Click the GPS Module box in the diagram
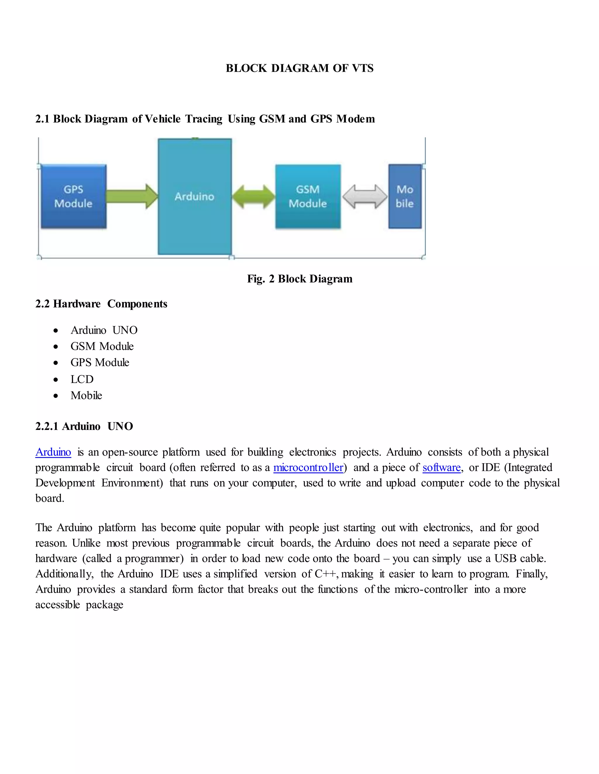pos(73,196)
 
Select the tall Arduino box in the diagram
pos(194,196)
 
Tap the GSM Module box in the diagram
pos(308,196)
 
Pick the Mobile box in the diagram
pos(405,196)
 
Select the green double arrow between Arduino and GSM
pos(253,196)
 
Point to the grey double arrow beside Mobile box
pos(365,196)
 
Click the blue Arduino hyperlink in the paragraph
pos(53,452)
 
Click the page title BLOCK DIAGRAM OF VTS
pos(299,68)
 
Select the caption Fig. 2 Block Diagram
pos(299,279)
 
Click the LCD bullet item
pos(82,379)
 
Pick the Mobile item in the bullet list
pos(86,395)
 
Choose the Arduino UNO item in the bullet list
pos(104,330)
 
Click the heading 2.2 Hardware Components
pos(101,304)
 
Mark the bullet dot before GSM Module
pos(56,347)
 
